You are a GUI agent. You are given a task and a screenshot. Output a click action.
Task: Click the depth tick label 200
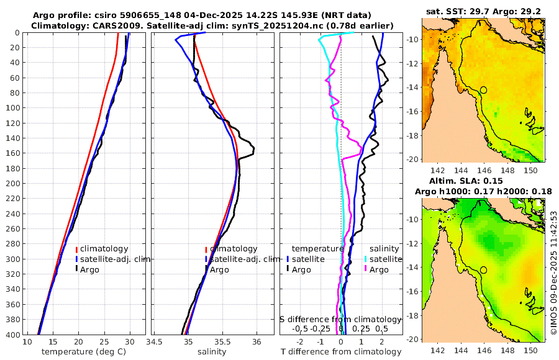point(12,183)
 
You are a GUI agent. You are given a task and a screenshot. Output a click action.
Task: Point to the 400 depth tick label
point(12,335)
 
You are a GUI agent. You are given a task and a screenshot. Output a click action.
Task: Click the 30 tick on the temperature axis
point(130,342)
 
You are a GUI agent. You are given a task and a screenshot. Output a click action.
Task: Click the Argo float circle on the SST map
point(483,90)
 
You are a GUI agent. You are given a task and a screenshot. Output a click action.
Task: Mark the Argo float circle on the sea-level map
point(483,270)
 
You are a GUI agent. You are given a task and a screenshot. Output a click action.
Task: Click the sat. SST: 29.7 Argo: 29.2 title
point(483,12)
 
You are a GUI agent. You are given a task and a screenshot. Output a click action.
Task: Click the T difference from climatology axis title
point(341,352)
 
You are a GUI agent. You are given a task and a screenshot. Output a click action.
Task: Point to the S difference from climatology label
point(340,318)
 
